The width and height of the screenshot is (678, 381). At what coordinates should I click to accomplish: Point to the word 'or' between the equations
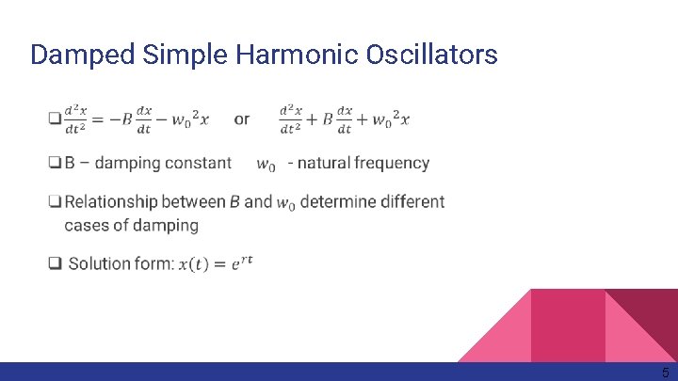(x=242, y=119)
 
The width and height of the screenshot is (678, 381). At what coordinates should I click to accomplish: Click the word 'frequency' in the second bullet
(x=391, y=164)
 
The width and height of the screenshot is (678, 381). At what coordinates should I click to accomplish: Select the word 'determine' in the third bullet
(x=338, y=202)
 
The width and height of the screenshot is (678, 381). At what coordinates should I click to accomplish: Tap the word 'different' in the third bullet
(x=412, y=202)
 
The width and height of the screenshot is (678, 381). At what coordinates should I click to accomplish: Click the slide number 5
(x=665, y=373)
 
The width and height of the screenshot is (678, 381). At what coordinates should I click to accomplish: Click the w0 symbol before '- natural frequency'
(x=266, y=166)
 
